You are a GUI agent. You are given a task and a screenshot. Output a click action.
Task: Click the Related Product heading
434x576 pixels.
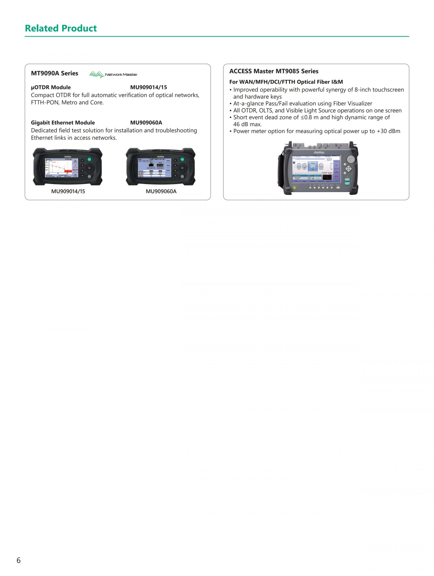(x=61, y=28)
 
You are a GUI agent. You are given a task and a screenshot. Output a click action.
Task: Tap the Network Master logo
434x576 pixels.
(x=113, y=75)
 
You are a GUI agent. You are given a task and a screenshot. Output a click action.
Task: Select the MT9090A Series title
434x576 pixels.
(x=54, y=73)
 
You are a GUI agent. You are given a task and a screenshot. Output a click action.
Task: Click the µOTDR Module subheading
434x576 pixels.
(x=51, y=87)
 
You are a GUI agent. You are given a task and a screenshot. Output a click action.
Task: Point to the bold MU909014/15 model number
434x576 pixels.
(x=149, y=87)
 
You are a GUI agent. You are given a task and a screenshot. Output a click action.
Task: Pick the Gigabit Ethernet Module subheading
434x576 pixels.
(x=63, y=123)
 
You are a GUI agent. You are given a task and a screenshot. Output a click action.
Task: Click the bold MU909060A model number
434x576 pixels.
(x=146, y=123)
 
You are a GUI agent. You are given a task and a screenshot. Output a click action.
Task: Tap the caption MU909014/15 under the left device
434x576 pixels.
(x=68, y=191)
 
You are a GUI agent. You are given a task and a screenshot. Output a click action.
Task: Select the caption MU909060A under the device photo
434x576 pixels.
(x=161, y=191)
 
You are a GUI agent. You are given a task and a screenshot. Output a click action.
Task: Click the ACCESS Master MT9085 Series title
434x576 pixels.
(x=274, y=71)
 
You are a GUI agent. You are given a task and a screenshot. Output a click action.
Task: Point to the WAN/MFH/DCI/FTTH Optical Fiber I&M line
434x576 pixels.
(x=286, y=82)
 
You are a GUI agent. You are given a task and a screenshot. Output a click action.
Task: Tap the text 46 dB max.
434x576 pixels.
(x=247, y=124)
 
